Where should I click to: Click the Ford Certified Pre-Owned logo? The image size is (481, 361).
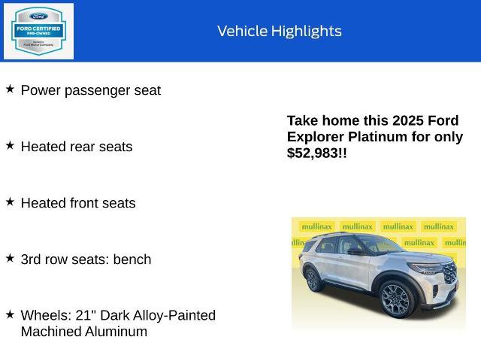[39, 31]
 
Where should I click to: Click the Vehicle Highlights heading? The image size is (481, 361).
[280, 31]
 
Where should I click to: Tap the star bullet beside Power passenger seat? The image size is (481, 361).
[10, 89]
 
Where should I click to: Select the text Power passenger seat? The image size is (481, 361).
[90, 90]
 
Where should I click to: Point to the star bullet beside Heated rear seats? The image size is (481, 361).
[10, 145]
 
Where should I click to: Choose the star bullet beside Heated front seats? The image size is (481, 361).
[10, 202]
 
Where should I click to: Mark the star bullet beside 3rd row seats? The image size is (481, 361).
[10, 258]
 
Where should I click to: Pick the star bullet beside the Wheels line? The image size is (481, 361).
[10, 314]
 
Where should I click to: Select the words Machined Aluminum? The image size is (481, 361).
[84, 332]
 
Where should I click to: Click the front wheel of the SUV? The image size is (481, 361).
[395, 299]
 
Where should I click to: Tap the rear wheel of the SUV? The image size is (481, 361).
[314, 281]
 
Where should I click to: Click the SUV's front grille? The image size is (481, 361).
[449, 272]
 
